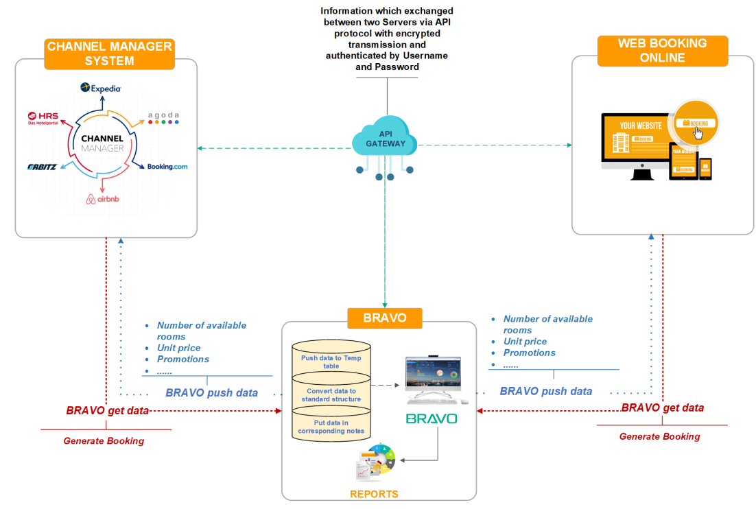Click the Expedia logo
(x=101, y=88)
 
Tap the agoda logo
(x=163, y=118)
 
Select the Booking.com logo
(x=167, y=167)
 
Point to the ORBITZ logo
(x=42, y=167)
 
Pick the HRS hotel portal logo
(x=43, y=118)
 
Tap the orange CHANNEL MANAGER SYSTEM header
(x=110, y=54)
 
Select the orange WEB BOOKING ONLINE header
(x=652, y=51)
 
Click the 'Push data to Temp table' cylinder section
(x=331, y=362)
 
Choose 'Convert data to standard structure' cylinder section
(x=331, y=394)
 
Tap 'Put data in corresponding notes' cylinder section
(x=331, y=427)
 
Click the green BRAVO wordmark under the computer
(x=432, y=418)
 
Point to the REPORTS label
(x=374, y=494)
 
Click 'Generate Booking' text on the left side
(x=104, y=441)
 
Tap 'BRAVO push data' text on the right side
(x=545, y=391)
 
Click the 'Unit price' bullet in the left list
(x=178, y=348)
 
